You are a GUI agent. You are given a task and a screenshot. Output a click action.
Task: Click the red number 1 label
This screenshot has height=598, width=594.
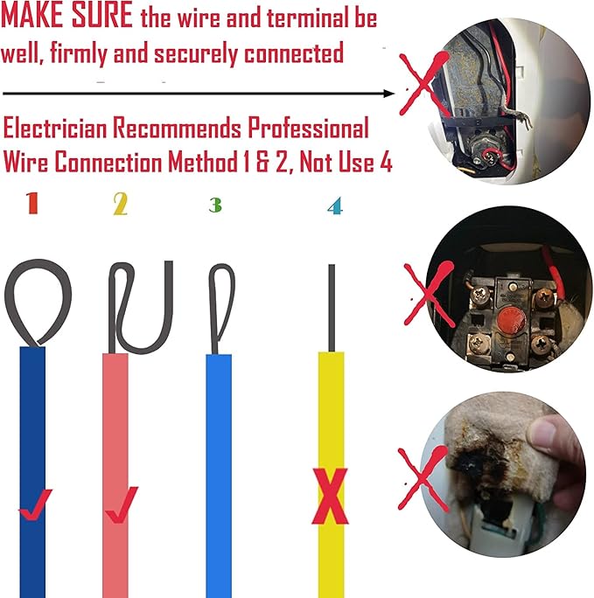31,205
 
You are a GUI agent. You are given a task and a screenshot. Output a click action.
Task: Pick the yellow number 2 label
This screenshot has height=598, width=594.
120,205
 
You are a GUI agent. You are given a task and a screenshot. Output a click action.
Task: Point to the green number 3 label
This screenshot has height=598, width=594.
214,205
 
